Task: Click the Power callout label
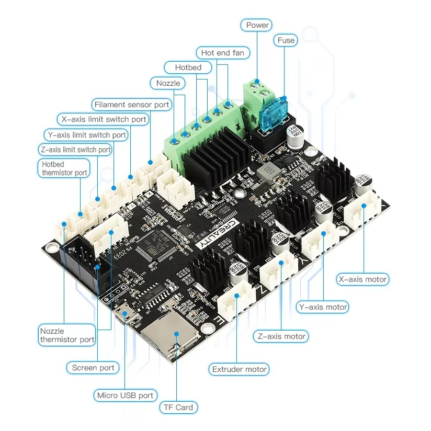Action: [257, 25]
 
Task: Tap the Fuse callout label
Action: [286, 40]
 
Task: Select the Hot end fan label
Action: [222, 53]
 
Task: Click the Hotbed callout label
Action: [188, 67]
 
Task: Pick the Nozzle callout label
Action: [168, 83]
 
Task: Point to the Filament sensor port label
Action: [132, 105]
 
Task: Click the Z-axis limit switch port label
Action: [76, 150]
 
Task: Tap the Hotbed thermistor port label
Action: [64, 168]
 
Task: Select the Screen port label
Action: [93, 368]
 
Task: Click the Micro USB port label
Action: [125, 395]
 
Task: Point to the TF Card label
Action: [179, 407]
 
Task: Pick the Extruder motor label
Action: [240, 369]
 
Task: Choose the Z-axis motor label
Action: [281, 336]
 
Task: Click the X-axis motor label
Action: [362, 279]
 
